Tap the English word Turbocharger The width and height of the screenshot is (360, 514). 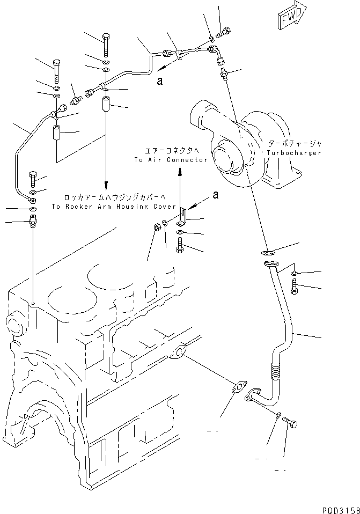tap(293, 153)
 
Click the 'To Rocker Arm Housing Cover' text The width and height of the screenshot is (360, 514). tap(113, 206)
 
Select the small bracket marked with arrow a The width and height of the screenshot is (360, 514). tap(183, 217)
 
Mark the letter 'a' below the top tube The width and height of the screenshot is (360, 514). tap(159, 81)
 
